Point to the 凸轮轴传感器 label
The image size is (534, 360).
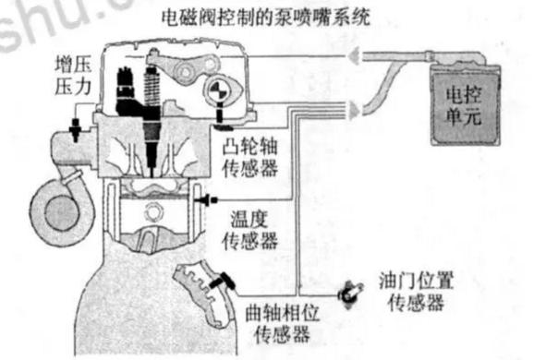(x=253, y=157)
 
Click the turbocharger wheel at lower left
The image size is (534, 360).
(x=56, y=200)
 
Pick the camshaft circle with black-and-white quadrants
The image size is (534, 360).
(x=218, y=92)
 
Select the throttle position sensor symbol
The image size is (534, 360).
(x=349, y=291)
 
